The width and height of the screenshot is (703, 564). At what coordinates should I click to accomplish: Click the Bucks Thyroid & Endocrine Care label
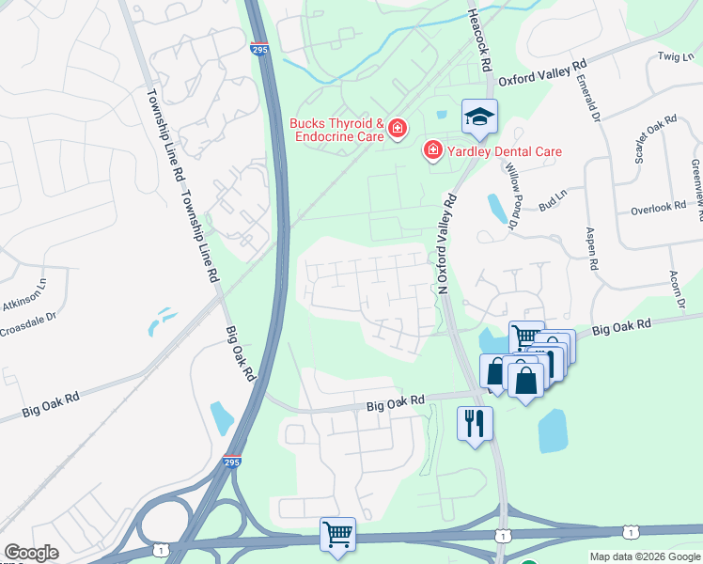[x=336, y=130]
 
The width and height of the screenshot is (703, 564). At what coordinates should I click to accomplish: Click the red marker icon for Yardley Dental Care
[x=433, y=150]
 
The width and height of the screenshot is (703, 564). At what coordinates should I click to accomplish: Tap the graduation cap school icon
[x=478, y=117]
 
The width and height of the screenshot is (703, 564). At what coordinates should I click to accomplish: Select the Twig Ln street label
[x=675, y=57]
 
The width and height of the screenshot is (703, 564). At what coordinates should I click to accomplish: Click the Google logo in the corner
[x=31, y=552]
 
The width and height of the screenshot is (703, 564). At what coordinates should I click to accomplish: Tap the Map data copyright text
[x=645, y=556]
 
